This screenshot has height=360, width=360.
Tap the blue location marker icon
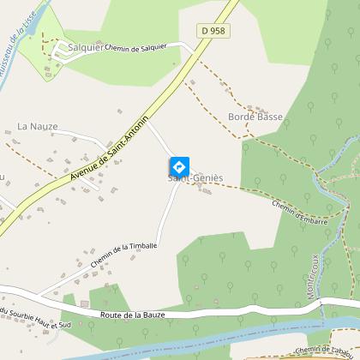pyautogui.click(x=178, y=165)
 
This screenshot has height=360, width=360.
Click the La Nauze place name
pyautogui.click(x=38, y=126)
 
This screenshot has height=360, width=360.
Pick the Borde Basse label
pyautogui.click(x=255, y=116)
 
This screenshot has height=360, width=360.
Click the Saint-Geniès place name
pyautogui.click(x=195, y=178)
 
